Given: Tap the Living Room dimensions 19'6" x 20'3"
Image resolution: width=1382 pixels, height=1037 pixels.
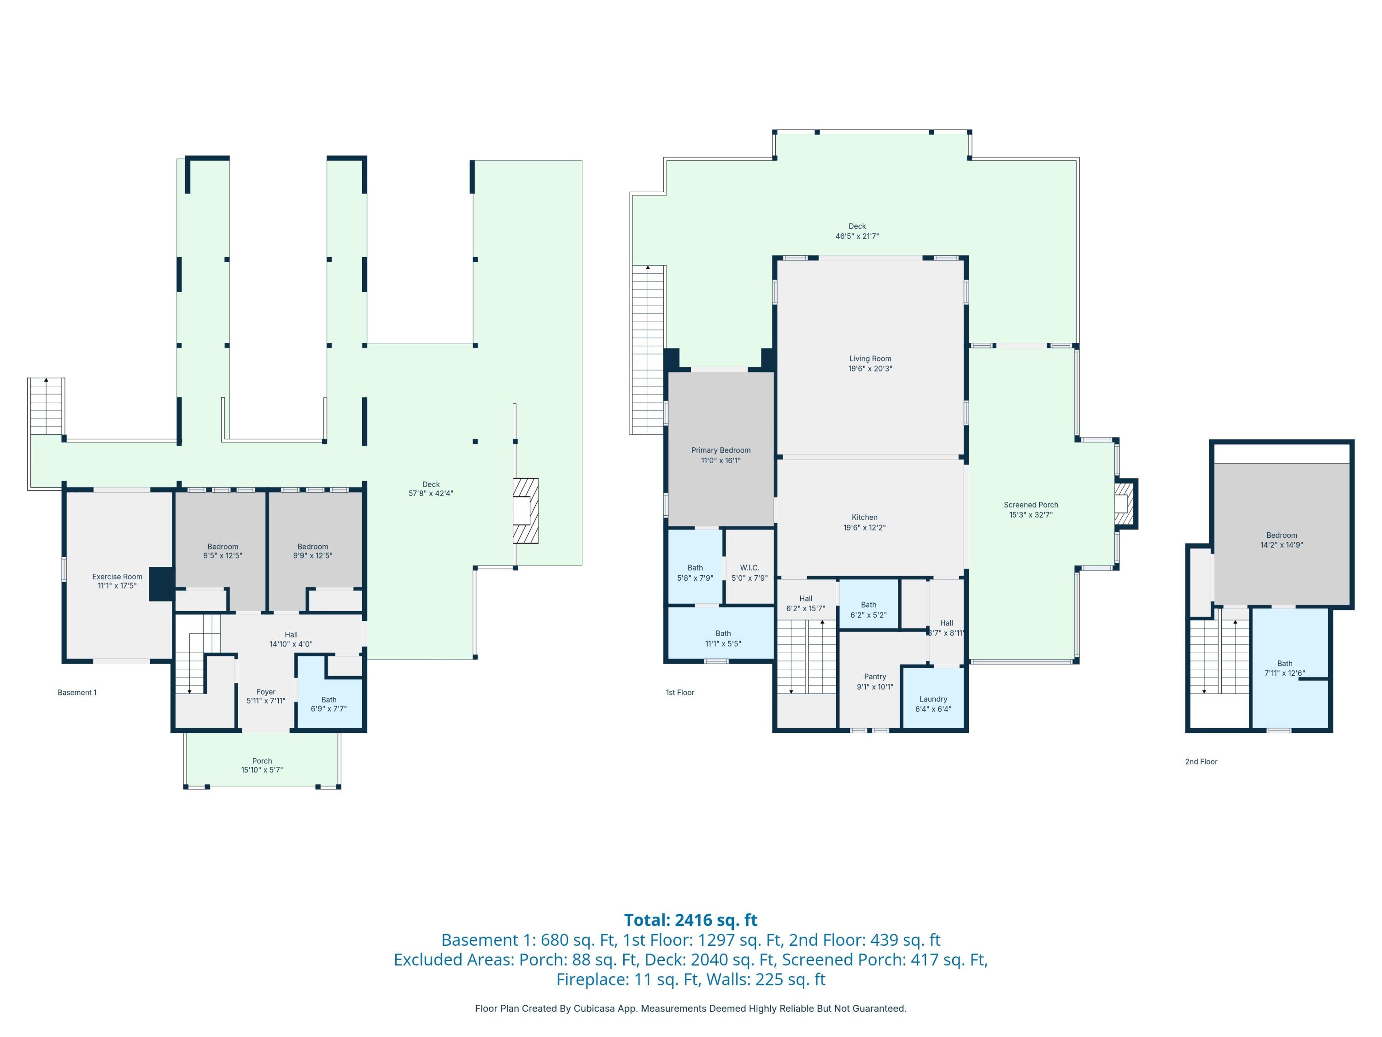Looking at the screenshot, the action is point(870,369).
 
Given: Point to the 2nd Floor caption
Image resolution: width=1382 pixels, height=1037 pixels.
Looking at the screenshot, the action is point(1201,761).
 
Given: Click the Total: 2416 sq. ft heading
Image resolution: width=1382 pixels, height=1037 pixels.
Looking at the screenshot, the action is point(691,919).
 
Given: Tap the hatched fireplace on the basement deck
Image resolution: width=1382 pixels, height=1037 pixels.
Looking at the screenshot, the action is point(526,510).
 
